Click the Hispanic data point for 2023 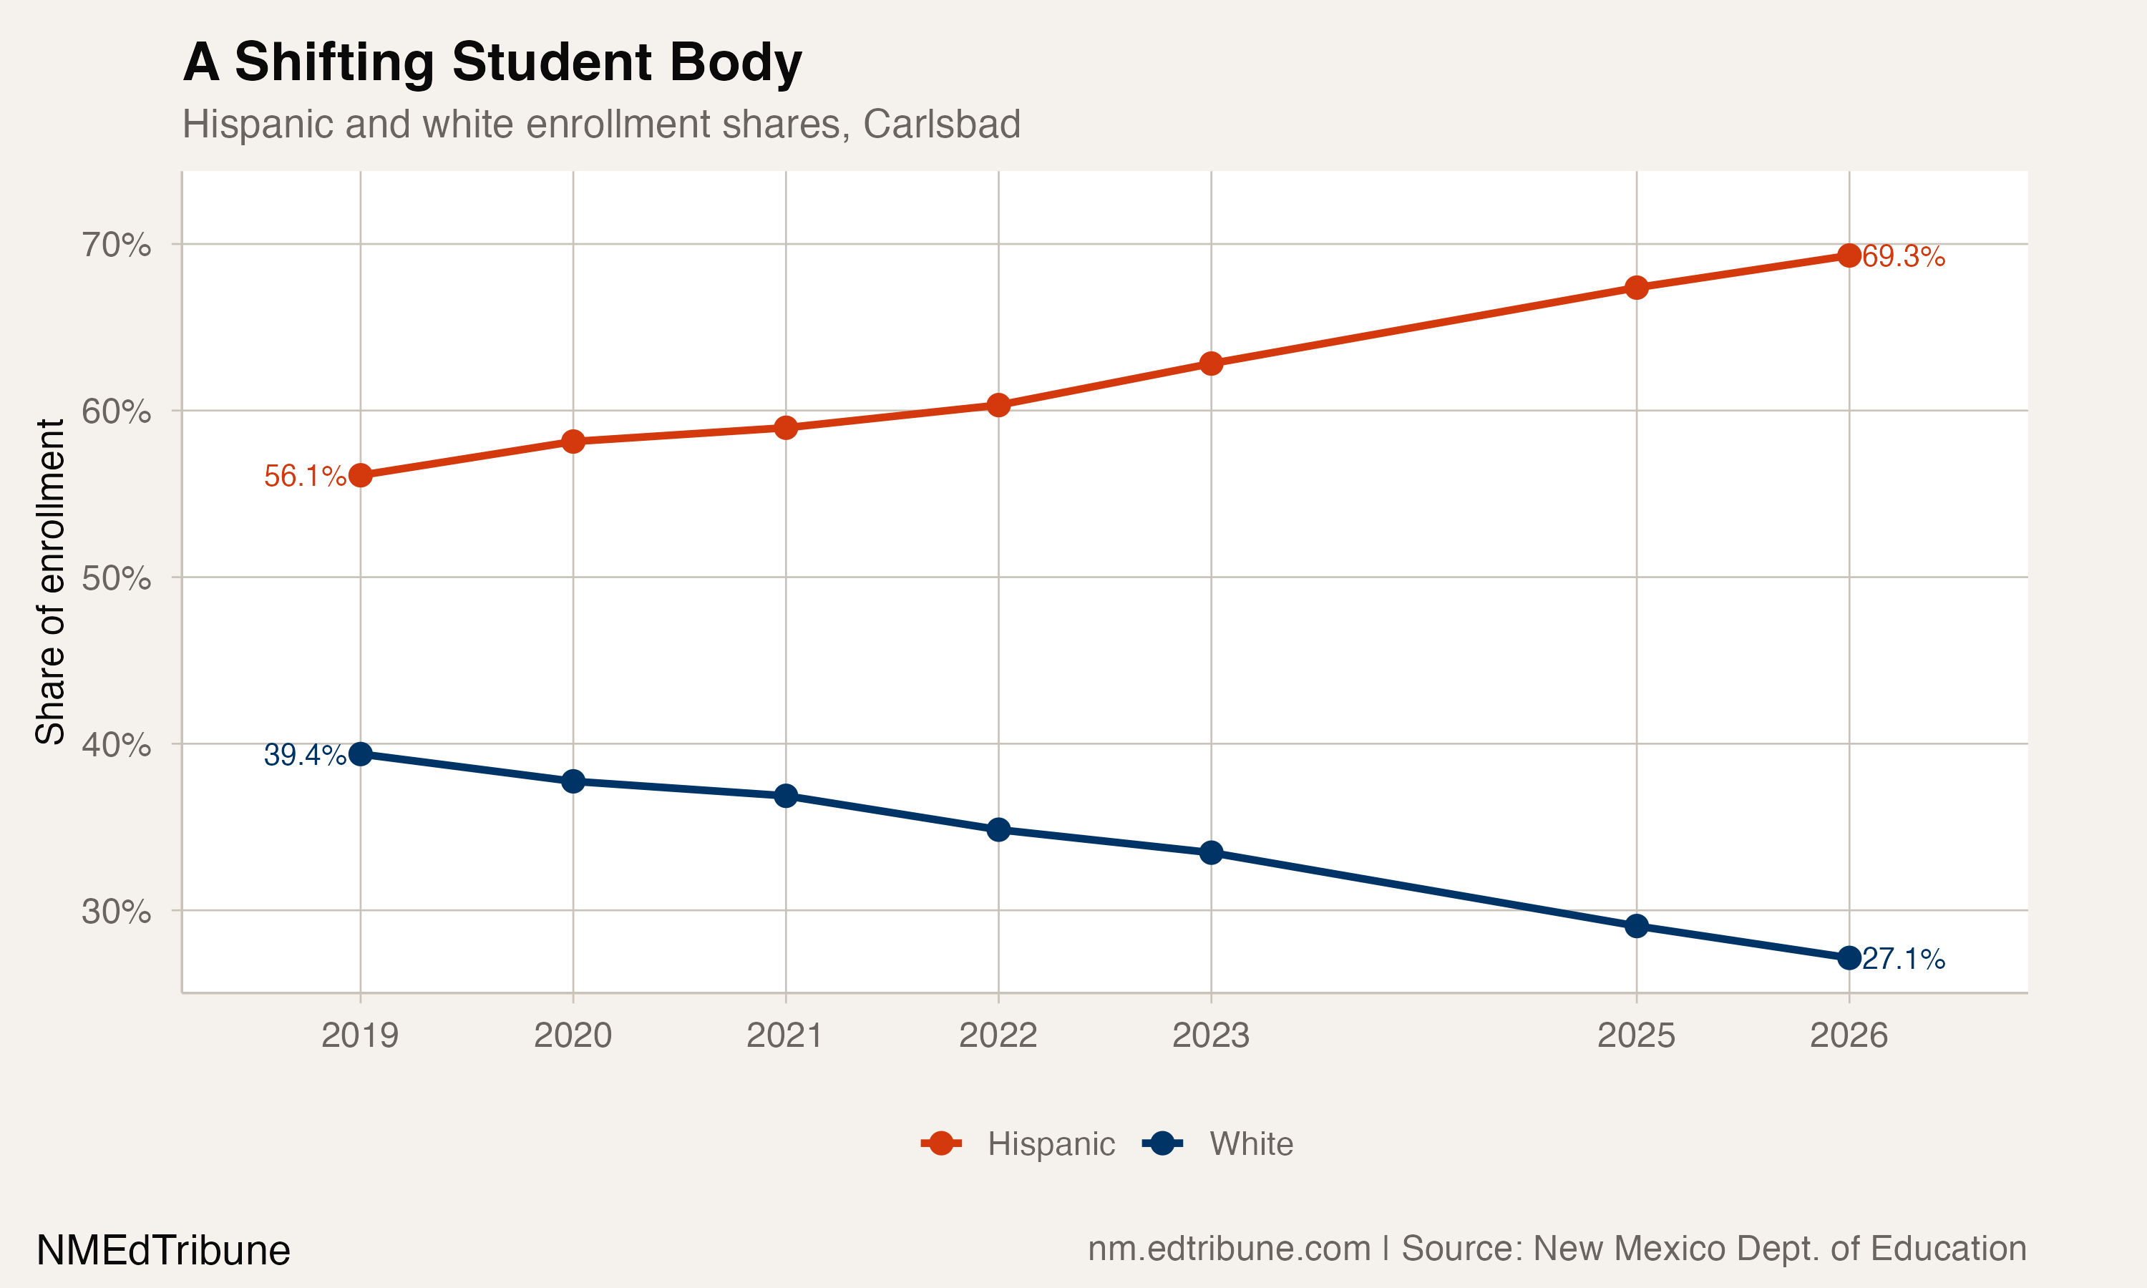click(1211, 363)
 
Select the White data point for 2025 click(1636, 926)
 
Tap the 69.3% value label click(1903, 256)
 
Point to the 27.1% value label click(1903, 959)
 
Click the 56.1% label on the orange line click(305, 476)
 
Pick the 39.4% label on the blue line click(305, 755)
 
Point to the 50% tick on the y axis click(116, 578)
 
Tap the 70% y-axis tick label click(116, 245)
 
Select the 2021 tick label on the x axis click(784, 1035)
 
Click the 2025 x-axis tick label click(1636, 1035)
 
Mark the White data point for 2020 click(573, 781)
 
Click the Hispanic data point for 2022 click(998, 405)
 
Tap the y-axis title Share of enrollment click(50, 582)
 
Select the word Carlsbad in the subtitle click(942, 124)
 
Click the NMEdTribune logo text click(163, 1251)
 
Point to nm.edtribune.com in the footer click(1229, 1248)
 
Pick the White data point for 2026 click(1849, 958)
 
